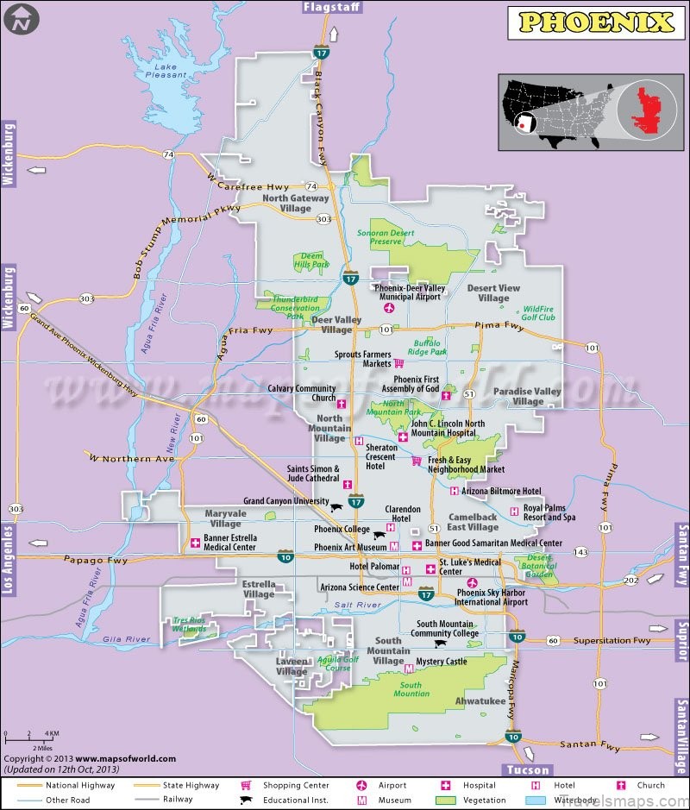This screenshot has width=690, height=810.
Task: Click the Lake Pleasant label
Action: click(x=169, y=71)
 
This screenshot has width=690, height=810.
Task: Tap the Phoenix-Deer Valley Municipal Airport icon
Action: click(x=388, y=308)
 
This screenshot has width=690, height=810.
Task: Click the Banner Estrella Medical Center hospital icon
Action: click(x=195, y=543)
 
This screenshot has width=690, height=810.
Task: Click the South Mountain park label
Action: click(x=411, y=689)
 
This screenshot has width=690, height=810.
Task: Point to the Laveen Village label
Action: click(x=292, y=666)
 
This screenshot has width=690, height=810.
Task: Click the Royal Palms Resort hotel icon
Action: click(x=514, y=512)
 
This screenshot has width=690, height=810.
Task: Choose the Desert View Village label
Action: click(x=493, y=293)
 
